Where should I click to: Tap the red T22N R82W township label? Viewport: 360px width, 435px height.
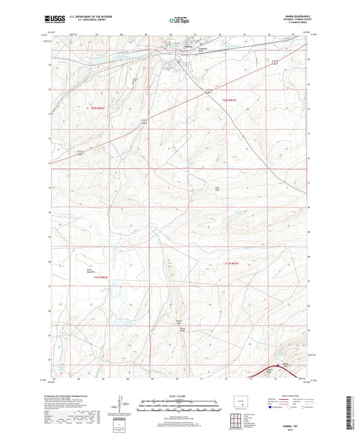(x=99, y=108)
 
